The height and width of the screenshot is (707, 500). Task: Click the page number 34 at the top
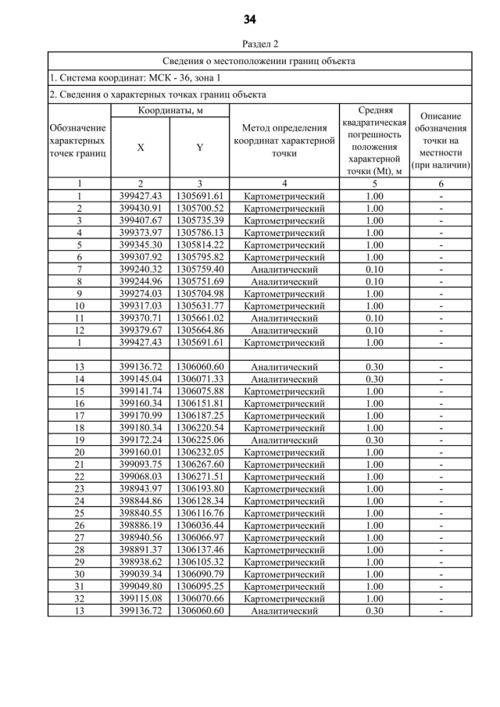coord(249,19)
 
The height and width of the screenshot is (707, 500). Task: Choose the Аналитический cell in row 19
coord(284,440)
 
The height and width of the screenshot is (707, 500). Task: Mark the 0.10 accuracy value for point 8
coord(374,281)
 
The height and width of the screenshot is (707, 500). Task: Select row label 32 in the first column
coord(79,598)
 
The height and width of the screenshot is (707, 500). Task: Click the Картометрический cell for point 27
coord(284,537)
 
